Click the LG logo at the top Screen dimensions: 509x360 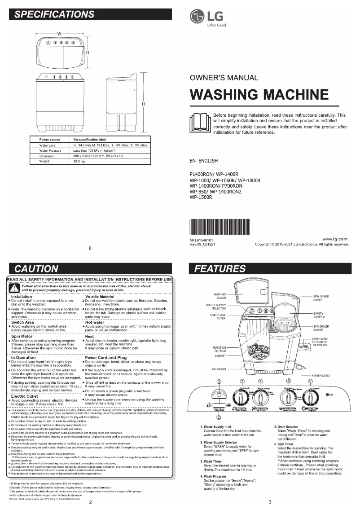207,18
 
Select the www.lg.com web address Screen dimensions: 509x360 335,238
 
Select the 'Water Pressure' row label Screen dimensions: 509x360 50,151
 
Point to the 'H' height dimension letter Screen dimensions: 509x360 143,104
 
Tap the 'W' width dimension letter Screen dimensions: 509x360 59,35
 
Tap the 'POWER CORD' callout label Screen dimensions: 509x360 320,376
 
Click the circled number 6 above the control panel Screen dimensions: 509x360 310,381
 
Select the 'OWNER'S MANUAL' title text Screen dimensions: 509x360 224,78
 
